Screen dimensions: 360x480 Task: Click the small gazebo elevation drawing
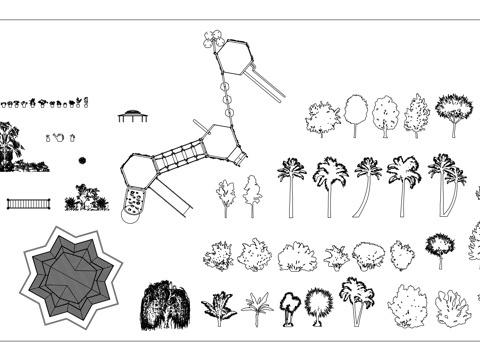point(131,116)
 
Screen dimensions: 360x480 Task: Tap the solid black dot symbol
point(82,159)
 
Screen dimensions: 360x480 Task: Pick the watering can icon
point(58,137)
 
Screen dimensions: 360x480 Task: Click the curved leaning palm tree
point(368,185)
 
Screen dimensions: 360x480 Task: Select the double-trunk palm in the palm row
point(446,182)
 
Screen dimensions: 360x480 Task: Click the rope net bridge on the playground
point(178,157)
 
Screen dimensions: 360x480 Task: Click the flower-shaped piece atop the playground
point(211,40)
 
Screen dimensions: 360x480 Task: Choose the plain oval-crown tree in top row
point(356,112)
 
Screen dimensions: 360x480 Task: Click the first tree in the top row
point(322,118)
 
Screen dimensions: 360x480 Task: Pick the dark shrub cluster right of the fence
point(86,198)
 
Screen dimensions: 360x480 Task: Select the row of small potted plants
point(45,102)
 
